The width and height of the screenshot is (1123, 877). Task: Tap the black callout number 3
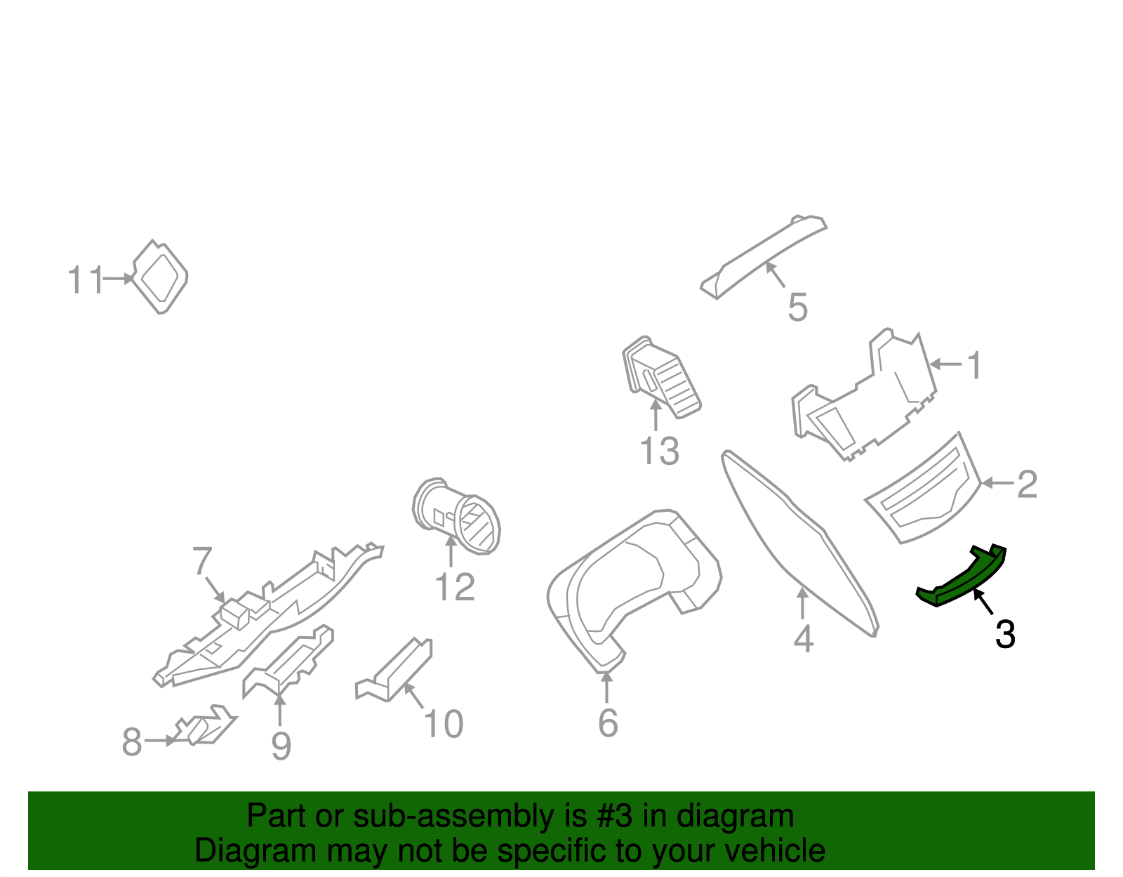(x=1005, y=635)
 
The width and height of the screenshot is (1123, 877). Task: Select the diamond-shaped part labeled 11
(x=161, y=277)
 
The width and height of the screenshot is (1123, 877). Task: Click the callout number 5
(x=797, y=308)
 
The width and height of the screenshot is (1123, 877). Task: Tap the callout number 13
(x=659, y=451)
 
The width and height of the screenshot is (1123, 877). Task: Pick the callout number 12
(x=454, y=587)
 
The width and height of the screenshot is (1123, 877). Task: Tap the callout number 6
(x=608, y=723)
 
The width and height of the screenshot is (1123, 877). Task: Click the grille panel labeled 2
(x=923, y=492)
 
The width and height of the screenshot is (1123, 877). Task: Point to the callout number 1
(x=974, y=366)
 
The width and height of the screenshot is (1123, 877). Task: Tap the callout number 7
(x=201, y=562)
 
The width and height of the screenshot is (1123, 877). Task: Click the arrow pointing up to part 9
(x=280, y=709)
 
